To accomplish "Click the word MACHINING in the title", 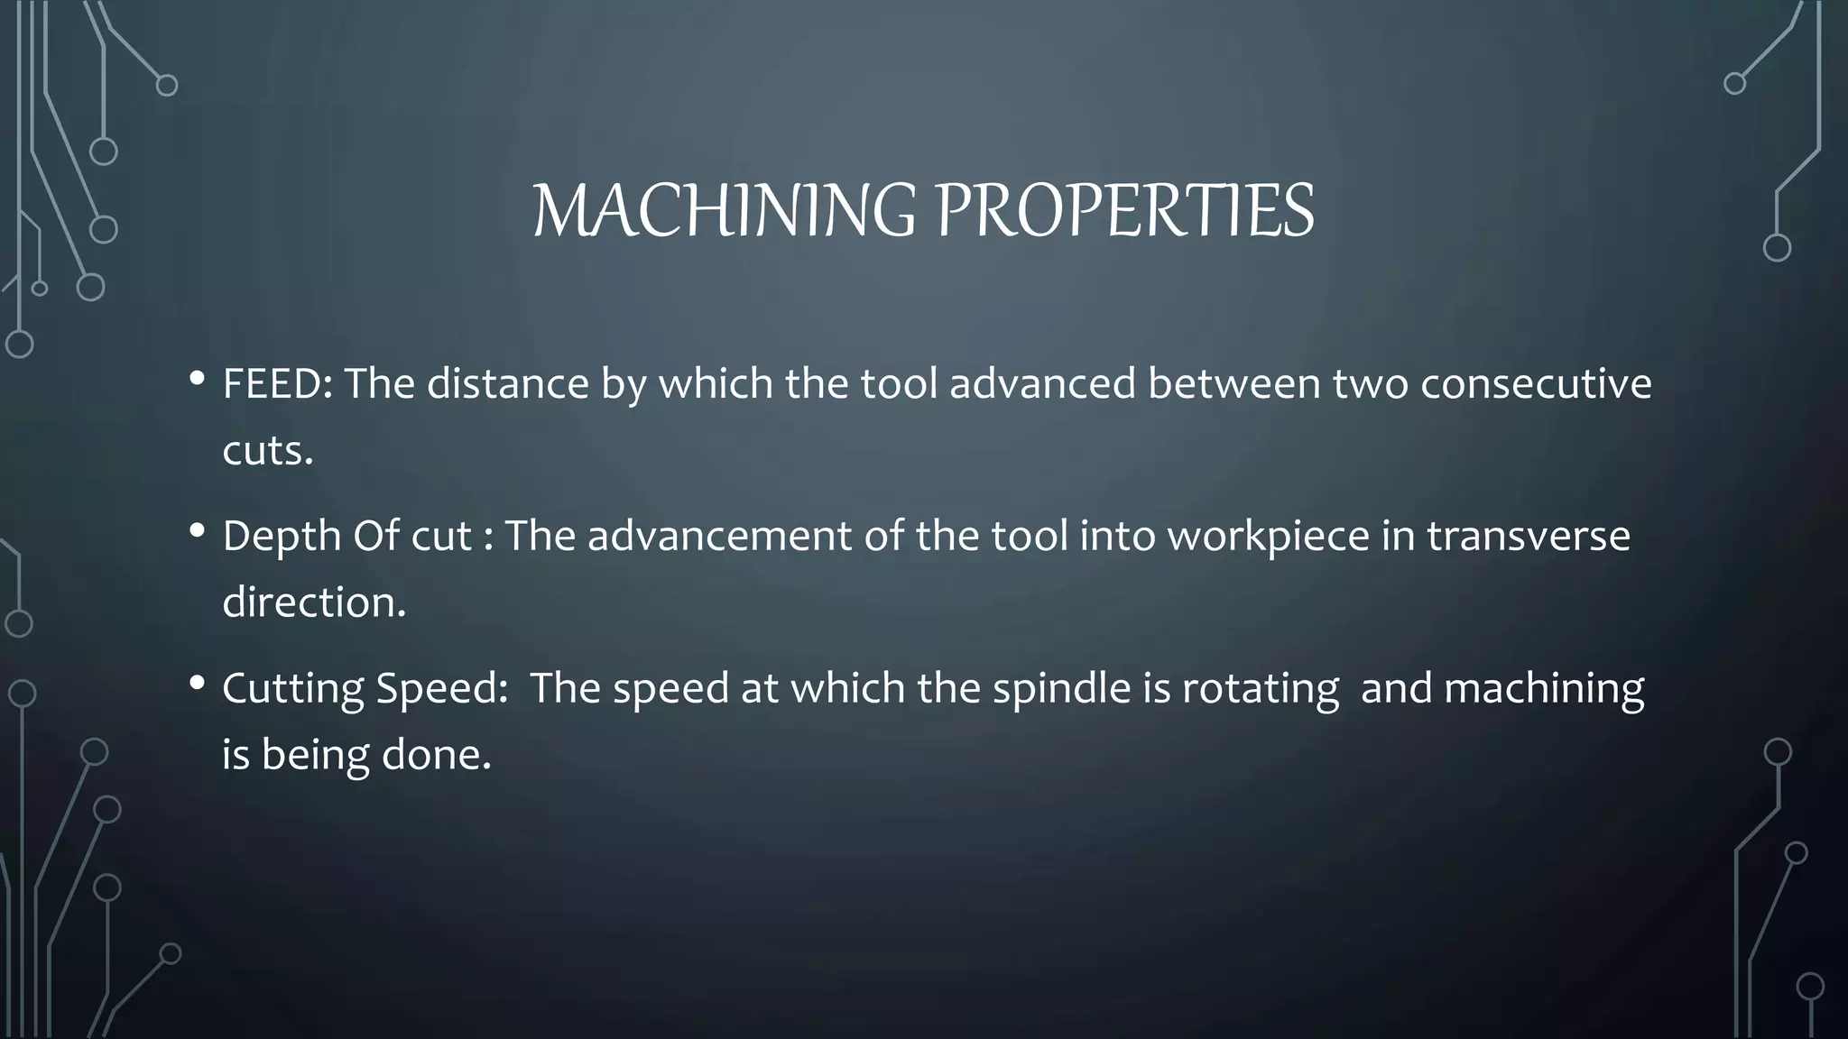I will pos(723,211).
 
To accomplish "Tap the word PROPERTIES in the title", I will pos(1124,211).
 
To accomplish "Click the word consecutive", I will pos(1536,384).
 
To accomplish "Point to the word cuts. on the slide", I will pos(267,450).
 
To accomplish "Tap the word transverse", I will pos(1528,536).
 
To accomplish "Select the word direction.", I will pos(314,602).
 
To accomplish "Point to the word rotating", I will pos(1261,688).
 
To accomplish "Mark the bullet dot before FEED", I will pos(197,379).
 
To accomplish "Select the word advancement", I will pos(720,536).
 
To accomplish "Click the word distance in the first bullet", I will pos(508,384).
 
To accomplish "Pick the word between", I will pos(1234,384).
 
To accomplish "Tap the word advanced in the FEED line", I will pos(1042,384).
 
